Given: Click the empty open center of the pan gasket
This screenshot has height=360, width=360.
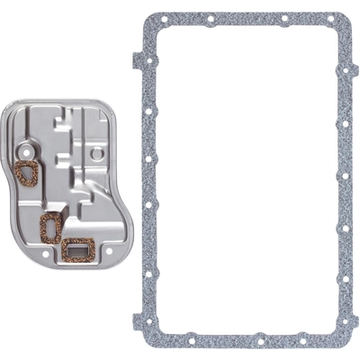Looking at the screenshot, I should click(x=247, y=180).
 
